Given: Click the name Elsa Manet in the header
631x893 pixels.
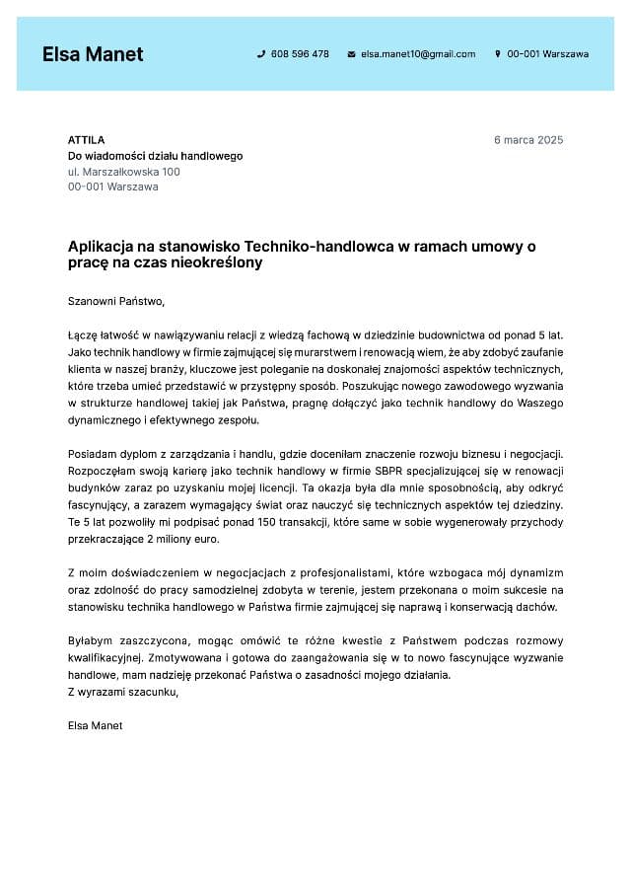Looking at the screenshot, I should [x=93, y=54].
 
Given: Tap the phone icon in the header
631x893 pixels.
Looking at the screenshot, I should [x=261, y=54].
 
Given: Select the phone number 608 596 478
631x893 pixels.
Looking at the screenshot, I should [x=300, y=54].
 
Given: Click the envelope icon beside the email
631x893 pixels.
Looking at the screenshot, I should [x=351, y=54].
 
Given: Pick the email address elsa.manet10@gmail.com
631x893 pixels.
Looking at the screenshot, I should [x=418, y=54].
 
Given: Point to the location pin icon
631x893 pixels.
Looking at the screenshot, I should [x=498, y=54].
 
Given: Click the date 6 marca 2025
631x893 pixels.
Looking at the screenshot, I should [x=528, y=140].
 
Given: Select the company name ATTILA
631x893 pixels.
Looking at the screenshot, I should [x=86, y=140].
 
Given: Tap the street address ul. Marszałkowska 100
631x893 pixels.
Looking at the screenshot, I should [x=124, y=172].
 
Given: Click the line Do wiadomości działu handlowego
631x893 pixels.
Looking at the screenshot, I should [x=155, y=156].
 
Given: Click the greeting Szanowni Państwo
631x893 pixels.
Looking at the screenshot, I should [x=116, y=301].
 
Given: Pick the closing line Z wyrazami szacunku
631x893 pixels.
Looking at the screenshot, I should [x=123, y=692].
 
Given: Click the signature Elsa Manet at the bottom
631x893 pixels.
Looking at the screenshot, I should [x=96, y=725].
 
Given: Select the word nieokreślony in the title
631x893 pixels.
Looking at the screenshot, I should [x=216, y=263].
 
